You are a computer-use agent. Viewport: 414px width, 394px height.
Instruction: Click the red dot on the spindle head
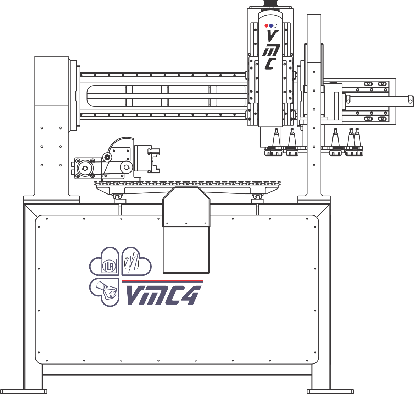267,26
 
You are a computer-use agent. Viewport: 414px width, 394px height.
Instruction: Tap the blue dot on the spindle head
271,26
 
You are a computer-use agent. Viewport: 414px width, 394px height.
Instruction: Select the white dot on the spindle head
275,26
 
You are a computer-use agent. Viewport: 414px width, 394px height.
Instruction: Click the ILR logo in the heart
108,266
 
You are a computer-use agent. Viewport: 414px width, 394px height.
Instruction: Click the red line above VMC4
162,280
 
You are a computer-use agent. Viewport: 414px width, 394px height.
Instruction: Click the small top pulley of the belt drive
107,157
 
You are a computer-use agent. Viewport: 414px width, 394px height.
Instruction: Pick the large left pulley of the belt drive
85,168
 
